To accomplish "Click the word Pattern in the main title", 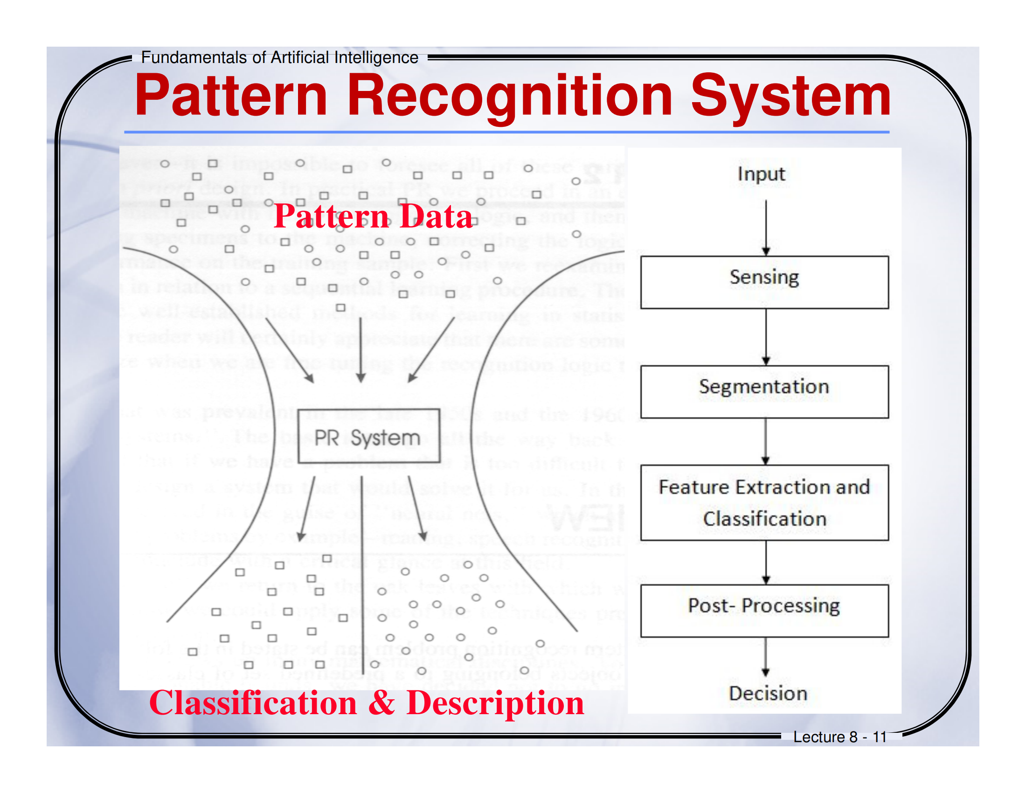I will pyautogui.click(x=231, y=96).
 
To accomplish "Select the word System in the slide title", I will pyautogui.click(x=790, y=96).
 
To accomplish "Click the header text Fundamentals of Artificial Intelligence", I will pyautogui.click(x=279, y=58).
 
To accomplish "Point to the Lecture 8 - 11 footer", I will pyautogui.click(x=839, y=737).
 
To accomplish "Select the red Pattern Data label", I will pyautogui.click(x=373, y=216).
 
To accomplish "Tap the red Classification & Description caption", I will pyautogui.click(x=367, y=703).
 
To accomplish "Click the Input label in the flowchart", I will pyautogui.click(x=761, y=174).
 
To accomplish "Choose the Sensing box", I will pyautogui.click(x=764, y=282).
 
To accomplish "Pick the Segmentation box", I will pyautogui.click(x=764, y=391).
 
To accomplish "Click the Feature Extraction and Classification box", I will pyautogui.click(x=764, y=502).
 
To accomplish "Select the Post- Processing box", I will pyautogui.click(x=764, y=610).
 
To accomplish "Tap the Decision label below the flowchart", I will pyautogui.click(x=768, y=693).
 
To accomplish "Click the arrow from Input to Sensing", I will pyautogui.click(x=766, y=228).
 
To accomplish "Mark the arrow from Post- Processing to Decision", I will pyautogui.click(x=766, y=656).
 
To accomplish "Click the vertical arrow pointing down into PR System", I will pyautogui.click(x=360, y=350).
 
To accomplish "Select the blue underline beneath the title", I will pyautogui.click(x=506, y=132).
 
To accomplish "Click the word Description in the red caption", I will pyautogui.click(x=495, y=703).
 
